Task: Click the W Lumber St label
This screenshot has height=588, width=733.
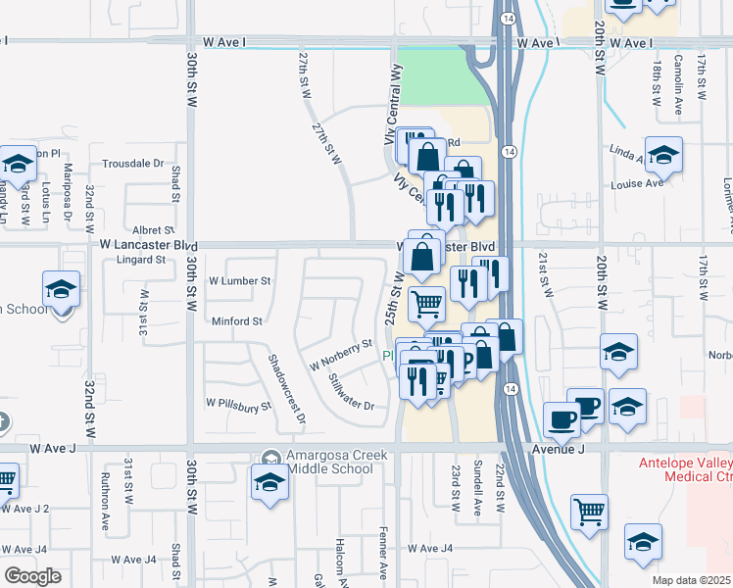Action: pyautogui.click(x=239, y=280)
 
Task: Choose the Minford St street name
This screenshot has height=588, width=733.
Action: pyautogui.click(x=237, y=320)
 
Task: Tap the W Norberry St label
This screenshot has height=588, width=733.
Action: pyautogui.click(x=341, y=354)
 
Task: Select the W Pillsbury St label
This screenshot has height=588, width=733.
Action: pyautogui.click(x=237, y=403)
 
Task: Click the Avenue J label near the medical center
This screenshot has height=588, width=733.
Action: pyautogui.click(x=559, y=449)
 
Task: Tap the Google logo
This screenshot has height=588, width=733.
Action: pyautogui.click(x=32, y=576)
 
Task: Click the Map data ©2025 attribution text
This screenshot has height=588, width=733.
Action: pyautogui.click(x=691, y=580)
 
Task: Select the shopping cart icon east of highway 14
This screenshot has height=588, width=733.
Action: pyautogui.click(x=588, y=510)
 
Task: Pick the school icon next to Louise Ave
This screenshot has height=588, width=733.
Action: pyautogui.click(x=663, y=155)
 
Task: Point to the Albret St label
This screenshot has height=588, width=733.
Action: pyautogui.click(x=153, y=228)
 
